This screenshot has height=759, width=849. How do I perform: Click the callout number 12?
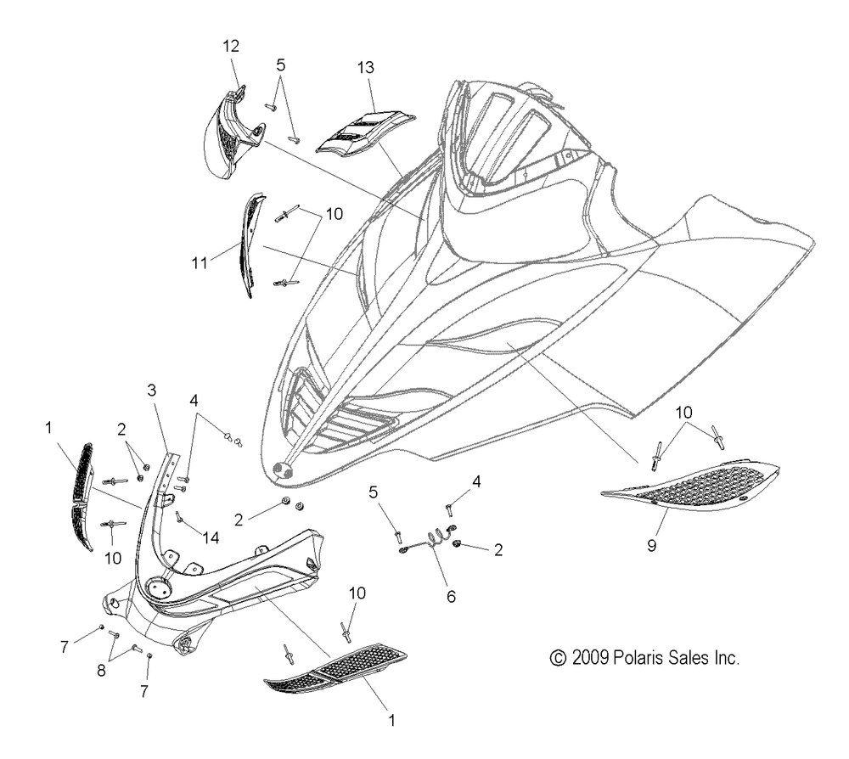(x=231, y=46)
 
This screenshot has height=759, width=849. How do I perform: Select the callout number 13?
(x=365, y=68)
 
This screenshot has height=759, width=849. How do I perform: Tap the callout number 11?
(x=200, y=263)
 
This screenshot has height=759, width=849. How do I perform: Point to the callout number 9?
(x=651, y=545)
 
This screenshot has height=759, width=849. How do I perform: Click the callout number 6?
(x=451, y=597)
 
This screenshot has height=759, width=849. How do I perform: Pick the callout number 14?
(x=211, y=537)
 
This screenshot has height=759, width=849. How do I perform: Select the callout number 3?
(x=152, y=390)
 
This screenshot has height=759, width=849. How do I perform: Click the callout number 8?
(x=101, y=671)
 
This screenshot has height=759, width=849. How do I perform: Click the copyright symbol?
(x=558, y=658)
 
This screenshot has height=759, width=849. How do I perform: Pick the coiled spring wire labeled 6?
(x=428, y=542)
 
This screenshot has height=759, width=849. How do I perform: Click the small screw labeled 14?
(x=178, y=517)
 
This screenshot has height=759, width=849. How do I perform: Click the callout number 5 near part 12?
(x=280, y=65)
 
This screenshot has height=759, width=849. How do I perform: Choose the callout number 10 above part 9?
(x=683, y=413)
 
